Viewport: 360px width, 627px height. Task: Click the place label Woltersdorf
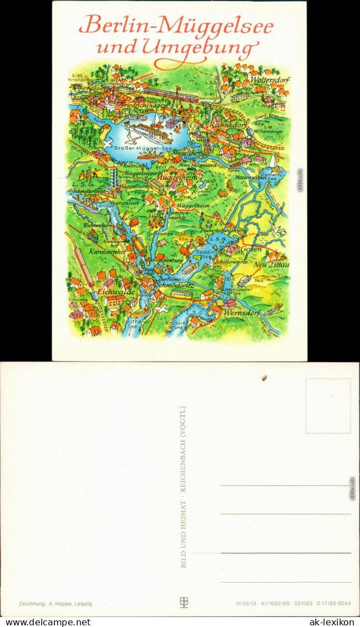coord(270,79)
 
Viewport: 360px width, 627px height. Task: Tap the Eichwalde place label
coord(100,291)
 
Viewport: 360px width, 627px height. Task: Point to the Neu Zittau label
coord(271,265)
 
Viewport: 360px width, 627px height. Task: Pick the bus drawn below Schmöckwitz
coord(181,294)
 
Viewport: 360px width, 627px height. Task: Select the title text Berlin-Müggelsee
coord(176,25)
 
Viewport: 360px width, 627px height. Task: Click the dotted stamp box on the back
coord(328,406)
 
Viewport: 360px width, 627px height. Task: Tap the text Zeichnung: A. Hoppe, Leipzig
coord(55,603)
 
